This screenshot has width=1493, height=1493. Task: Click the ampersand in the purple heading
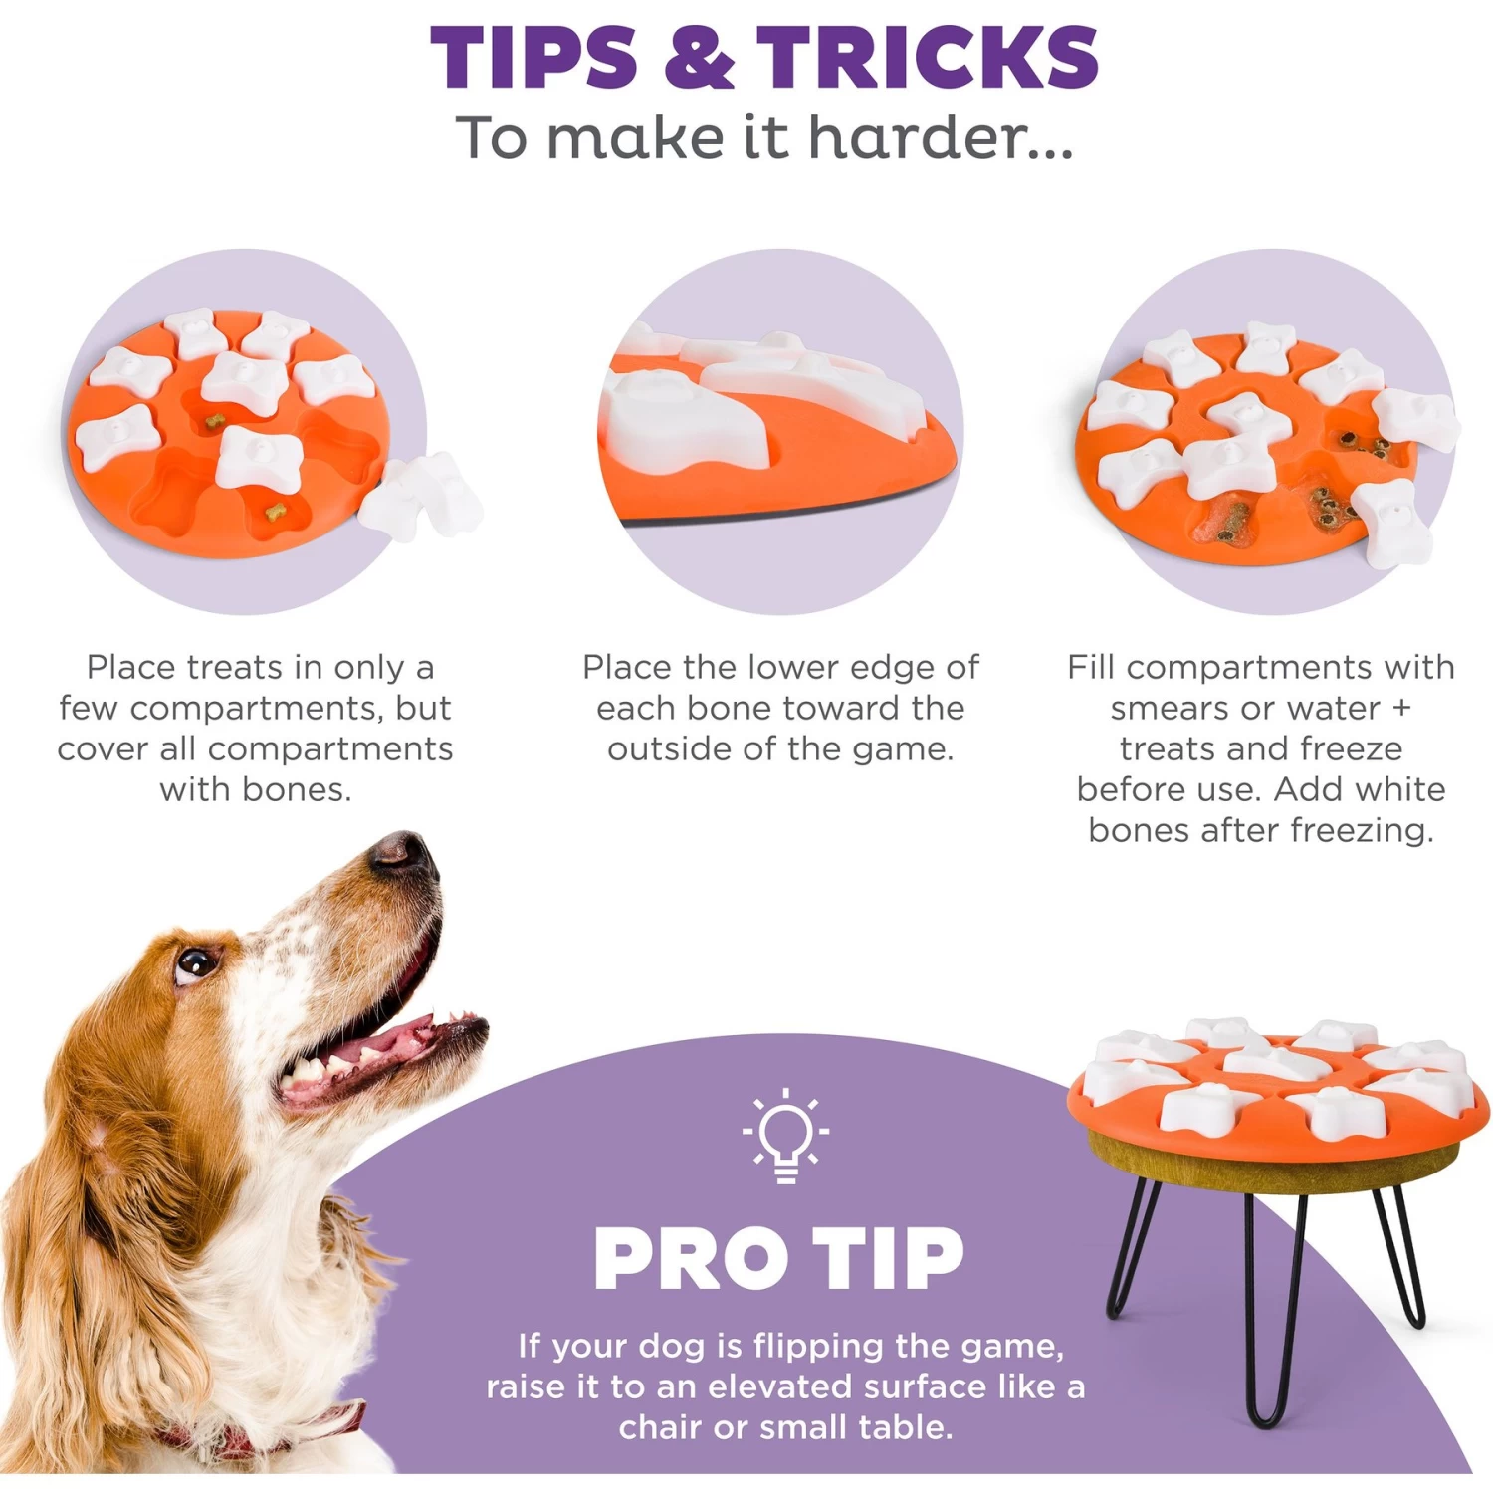click(x=698, y=57)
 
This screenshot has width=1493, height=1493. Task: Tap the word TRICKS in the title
click(x=927, y=57)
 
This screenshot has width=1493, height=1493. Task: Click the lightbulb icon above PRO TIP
click(x=785, y=1136)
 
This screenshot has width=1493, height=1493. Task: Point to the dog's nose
click(x=403, y=851)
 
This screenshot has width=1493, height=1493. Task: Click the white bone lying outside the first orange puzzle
click(x=423, y=498)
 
